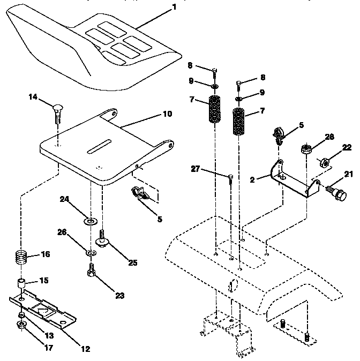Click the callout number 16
pos(46,254)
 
